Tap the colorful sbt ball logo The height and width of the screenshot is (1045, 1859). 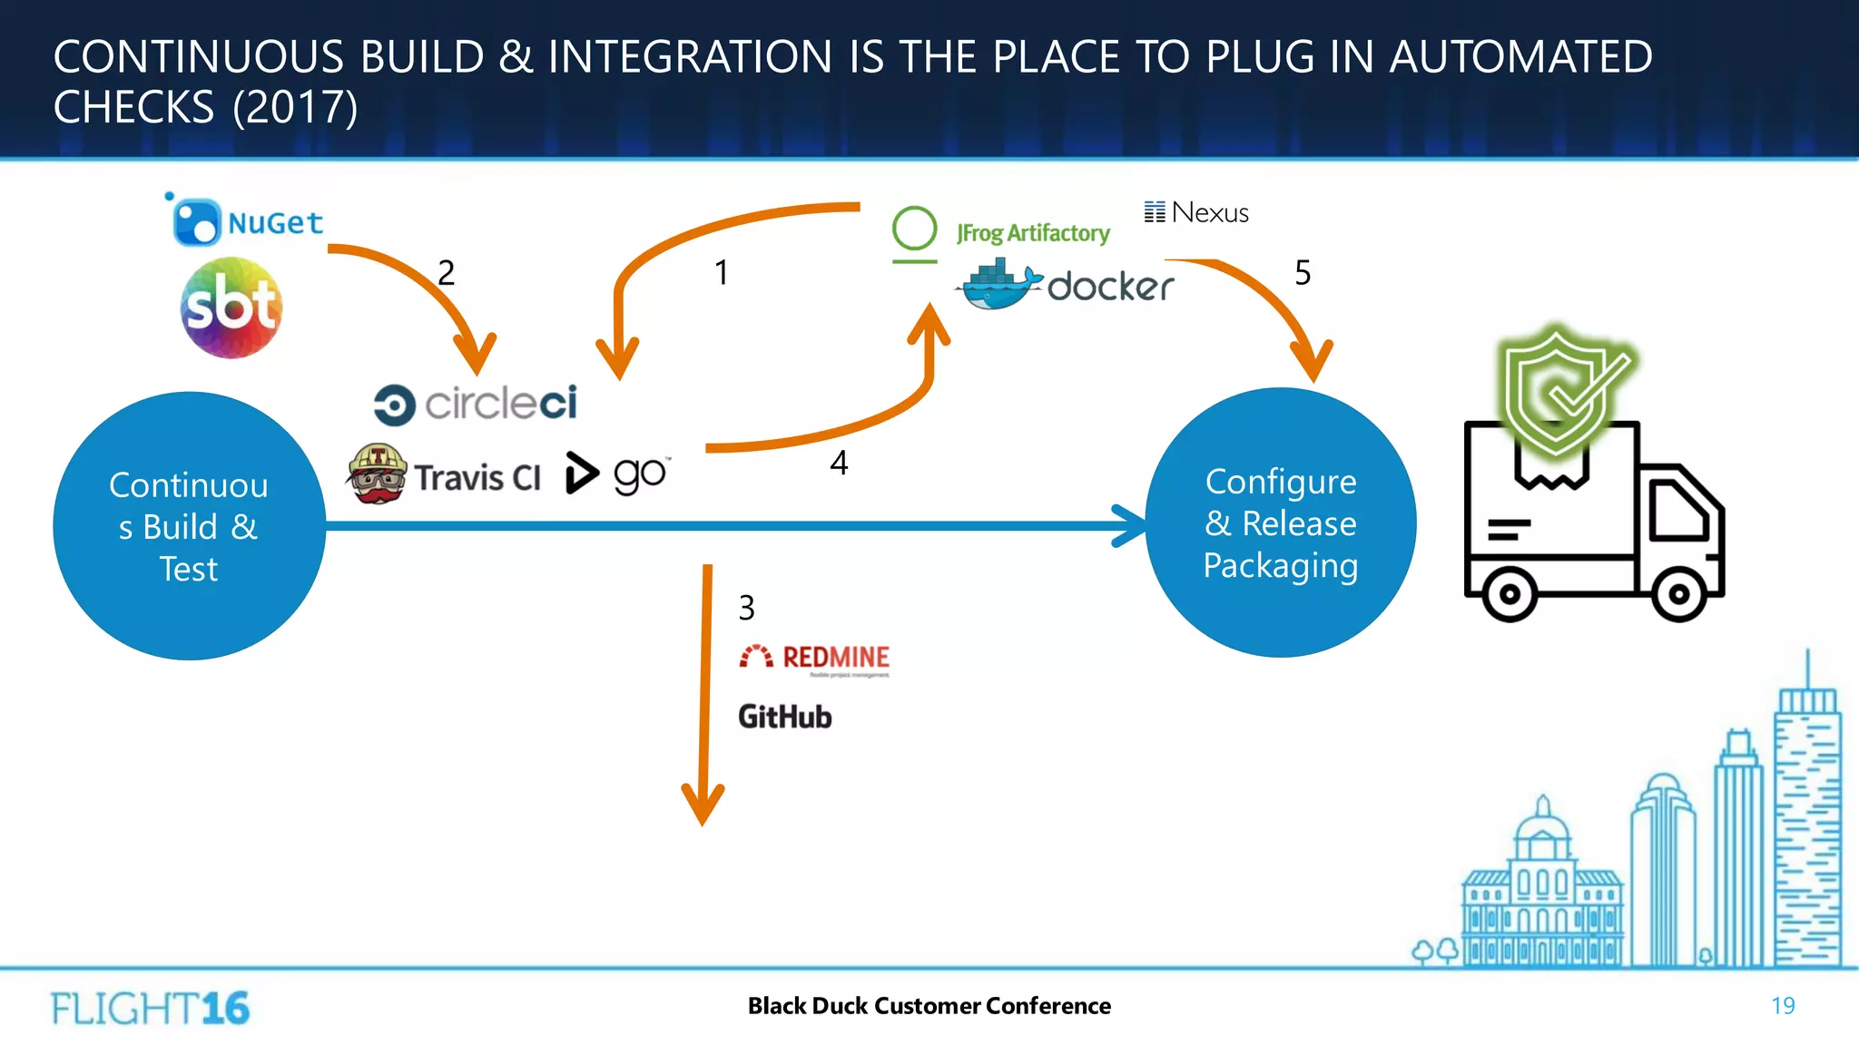point(231,308)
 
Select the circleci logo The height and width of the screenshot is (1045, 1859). point(476,404)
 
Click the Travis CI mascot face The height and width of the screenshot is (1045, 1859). point(377,474)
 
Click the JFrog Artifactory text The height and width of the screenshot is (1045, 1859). point(1033,233)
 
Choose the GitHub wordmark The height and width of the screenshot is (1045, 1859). point(785,717)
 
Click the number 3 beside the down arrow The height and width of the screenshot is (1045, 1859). point(746,608)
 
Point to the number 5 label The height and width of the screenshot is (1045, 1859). point(1303,273)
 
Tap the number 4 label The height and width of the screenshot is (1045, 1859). point(839,464)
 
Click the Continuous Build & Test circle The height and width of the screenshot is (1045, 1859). point(189,526)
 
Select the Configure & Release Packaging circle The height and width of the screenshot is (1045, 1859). point(1281,523)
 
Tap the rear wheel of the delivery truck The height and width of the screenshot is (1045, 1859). point(1509,595)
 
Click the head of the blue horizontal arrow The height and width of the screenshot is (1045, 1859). point(1130,526)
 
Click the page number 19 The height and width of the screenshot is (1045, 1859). point(1783,1006)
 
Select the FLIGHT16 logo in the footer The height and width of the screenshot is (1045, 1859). point(150,1008)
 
